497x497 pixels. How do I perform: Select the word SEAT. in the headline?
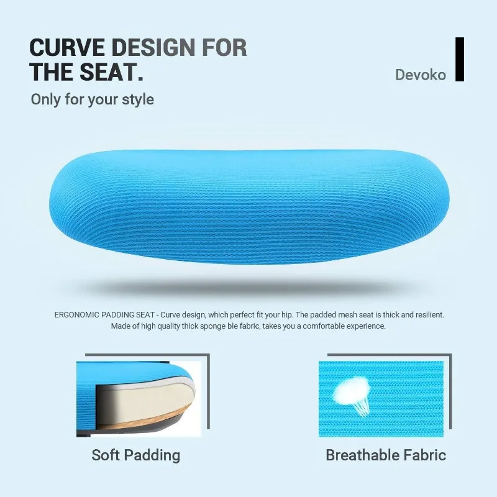[112, 72]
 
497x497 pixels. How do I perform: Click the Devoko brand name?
[421, 75]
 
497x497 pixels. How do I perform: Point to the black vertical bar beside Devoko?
[460, 59]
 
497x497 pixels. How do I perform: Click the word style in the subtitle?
[139, 100]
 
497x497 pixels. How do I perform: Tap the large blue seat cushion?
[249, 206]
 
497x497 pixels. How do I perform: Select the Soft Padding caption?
[135, 455]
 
